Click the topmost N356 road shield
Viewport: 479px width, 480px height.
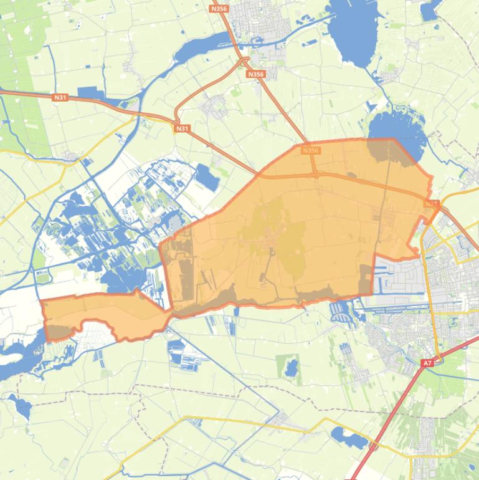(219, 9)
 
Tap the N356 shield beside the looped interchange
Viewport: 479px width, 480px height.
(255, 74)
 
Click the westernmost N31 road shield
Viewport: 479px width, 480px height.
(60, 97)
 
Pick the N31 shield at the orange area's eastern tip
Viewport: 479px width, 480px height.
(432, 203)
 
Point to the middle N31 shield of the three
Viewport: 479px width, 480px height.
(182, 128)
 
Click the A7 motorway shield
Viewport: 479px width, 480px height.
(427, 363)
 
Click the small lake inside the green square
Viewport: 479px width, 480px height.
(291, 369)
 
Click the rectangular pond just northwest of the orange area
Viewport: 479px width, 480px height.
(208, 178)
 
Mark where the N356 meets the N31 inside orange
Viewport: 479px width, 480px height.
(315, 175)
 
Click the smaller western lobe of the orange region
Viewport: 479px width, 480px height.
(100, 314)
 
